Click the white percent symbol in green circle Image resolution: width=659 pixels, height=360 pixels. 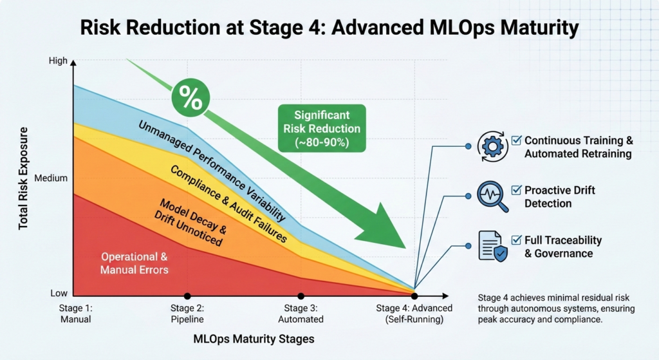(190, 99)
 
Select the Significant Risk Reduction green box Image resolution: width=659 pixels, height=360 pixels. (322, 129)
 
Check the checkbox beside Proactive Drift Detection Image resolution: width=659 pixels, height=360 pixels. (515, 190)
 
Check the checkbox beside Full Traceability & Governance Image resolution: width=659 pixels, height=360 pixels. (515, 240)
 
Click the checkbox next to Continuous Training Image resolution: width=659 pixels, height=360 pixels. (515, 140)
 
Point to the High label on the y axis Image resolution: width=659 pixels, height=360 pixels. (57, 61)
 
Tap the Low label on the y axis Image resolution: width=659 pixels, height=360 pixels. (59, 294)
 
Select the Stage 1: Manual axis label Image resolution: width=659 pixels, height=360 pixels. (75, 314)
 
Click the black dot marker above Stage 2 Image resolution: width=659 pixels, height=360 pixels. (187, 296)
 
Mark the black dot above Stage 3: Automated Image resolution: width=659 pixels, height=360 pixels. (301, 296)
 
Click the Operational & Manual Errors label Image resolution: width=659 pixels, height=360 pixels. (134, 263)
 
